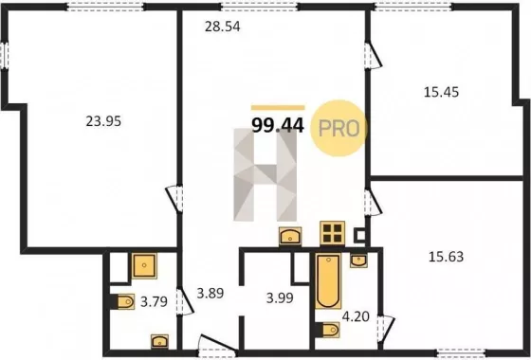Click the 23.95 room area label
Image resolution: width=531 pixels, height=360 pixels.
pyautogui.click(x=103, y=121)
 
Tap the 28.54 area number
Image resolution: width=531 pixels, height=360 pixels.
pyautogui.click(x=223, y=27)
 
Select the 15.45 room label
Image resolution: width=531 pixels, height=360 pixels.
pyautogui.click(x=441, y=92)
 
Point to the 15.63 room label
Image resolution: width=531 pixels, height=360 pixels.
pyautogui.click(x=446, y=257)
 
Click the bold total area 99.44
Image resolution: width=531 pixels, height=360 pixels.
pyautogui.click(x=278, y=126)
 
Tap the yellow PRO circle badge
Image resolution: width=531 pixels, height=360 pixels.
pyautogui.click(x=339, y=128)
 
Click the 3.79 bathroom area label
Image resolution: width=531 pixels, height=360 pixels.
pyautogui.click(x=154, y=301)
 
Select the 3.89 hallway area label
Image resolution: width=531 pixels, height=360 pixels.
pyautogui.click(x=211, y=294)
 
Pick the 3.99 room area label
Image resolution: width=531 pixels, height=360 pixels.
pyautogui.click(x=280, y=298)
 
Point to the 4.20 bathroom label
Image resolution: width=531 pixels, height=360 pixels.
pyautogui.click(x=356, y=316)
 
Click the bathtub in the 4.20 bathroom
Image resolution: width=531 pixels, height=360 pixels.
pyautogui.click(x=328, y=281)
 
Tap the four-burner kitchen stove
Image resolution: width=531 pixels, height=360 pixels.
pyautogui.click(x=332, y=233)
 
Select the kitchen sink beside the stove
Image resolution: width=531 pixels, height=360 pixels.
pyautogui.click(x=290, y=236)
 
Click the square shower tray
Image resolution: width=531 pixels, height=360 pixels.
pyautogui.click(x=144, y=265)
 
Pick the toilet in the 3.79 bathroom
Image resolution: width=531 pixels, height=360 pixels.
pyautogui.click(x=125, y=301)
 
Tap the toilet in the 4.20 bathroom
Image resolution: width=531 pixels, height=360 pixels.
pyautogui.click(x=330, y=330)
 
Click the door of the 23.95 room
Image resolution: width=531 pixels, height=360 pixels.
pyautogui.click(x=174, y=199)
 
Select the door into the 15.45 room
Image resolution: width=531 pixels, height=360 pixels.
pyautogui.click(x=373, y=56)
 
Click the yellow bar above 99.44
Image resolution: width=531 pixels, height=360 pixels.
pyautogui.click(x=278, y=108)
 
